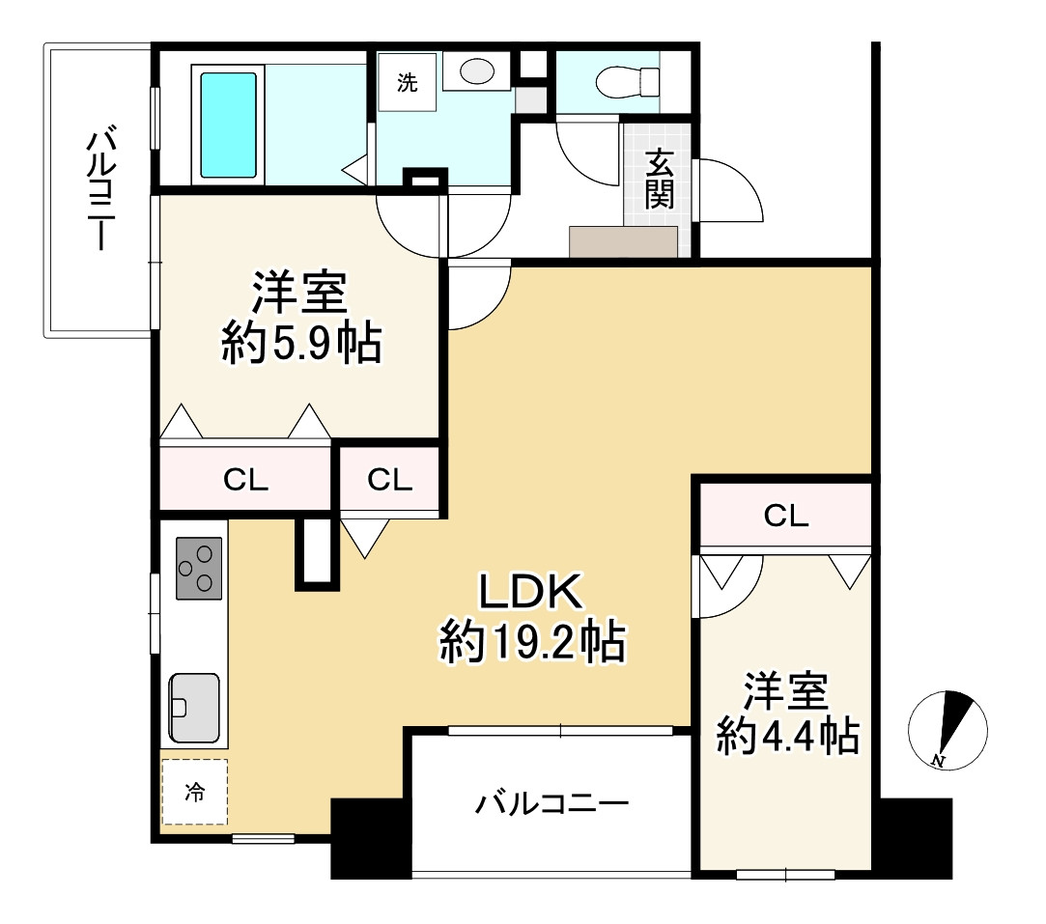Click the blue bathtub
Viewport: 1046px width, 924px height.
pyautogui.click(x=228, y=125)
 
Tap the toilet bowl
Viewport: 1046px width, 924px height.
pyautogui.click(x=627, y=82)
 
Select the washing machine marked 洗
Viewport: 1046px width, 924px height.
pyautogui.click(x=407, y=82)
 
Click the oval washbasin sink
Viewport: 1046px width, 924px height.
pyautogui.click(x=476, y=71)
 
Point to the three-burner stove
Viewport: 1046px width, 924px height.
pyautogui.click(x=199, y=568)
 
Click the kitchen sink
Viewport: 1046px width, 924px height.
pyautogui.click(x=194, y=708)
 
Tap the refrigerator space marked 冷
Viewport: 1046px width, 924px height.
pyautogui.click(x=194, y=792)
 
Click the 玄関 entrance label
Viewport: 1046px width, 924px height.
pyautogui.click(x=659, y=180)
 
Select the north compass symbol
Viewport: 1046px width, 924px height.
pyautogui.click(x=947, y=730)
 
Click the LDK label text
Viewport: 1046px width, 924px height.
pyautogui.click(x=531, y=591)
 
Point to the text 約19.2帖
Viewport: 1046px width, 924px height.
pyautogui.click(x=531, y=641)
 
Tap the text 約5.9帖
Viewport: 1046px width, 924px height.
pyautogui.click(x=301, y=344)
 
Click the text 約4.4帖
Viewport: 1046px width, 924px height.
pyautogui.click(x=787, y=736)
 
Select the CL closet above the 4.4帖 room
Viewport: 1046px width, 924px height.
pyautogui.click(x=786, y=516)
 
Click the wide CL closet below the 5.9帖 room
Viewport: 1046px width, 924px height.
pyautogui.click(x=245, y=479)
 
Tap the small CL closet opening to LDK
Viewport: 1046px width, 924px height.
pyautogui.click(x=390, y=479)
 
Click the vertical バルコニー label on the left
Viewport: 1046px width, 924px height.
pyautogui.click(x=101, y=190)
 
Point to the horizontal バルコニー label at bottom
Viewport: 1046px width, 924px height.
pyautogui.click(x=551, y=804)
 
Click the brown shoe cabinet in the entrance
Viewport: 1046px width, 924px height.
pyautogui.click(x=624, y=241)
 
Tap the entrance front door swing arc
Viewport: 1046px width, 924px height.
pyautogui.click(x=743, y=179)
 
